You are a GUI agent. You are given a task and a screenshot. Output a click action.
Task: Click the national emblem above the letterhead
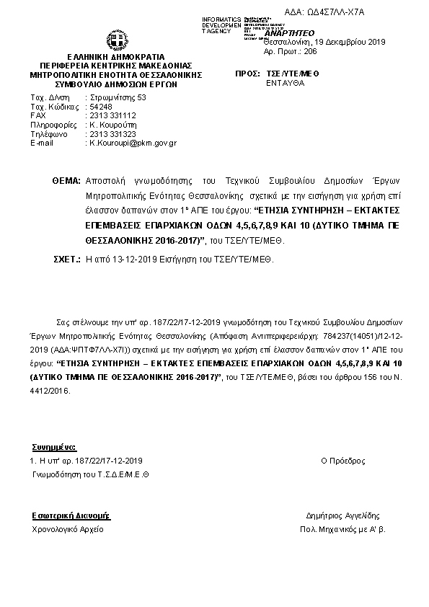117,40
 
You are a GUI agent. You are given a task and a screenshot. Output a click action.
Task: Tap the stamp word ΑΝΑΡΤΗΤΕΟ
288,33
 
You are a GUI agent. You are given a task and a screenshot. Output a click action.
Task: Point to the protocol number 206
310,53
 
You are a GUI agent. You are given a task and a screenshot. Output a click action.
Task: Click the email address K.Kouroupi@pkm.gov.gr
132,143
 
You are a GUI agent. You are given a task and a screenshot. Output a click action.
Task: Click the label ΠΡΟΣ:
248,74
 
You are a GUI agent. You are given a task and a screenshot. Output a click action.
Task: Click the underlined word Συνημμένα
54,447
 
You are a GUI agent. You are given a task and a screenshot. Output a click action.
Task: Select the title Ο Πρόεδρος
342,460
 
